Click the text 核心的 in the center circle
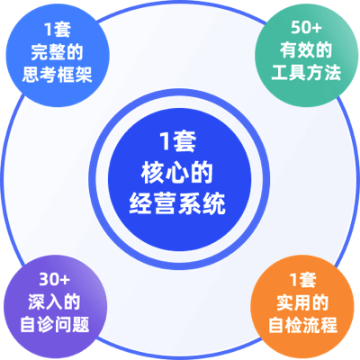(x=177, y=173)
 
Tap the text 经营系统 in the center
(x=177, y=204)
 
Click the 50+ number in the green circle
(x=306, y=28)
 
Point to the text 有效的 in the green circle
(x=306, y=50)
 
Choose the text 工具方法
(x=306, y=72)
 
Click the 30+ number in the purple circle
(x=54, y=280)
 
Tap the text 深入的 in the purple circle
(x=54, y=301)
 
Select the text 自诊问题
(x=54, y=324)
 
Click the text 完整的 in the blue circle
(x=57, y=52)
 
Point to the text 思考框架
(x=57, y=75)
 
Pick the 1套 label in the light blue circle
(x=58, y=30)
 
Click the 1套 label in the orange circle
(x=303, y=280)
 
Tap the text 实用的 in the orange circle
(x=302, y=302)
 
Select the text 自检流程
(x=302, y=325)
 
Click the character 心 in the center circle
(x=177, y=173)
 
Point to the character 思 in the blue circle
(x=31, y=75)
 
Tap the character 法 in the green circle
(x=332, y=72)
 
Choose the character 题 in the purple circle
(x=81, y=324)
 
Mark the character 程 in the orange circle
(x=329, y=325)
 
